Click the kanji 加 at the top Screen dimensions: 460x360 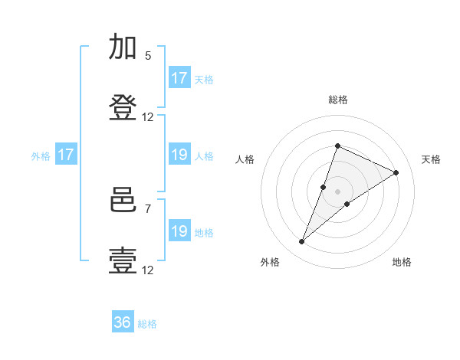tap(123, 46)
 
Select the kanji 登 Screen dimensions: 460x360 tap(123, 107)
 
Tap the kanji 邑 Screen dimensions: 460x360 tap(123, 200)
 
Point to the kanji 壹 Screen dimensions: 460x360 tap(123, 261)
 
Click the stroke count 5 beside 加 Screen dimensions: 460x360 tap(148, 56)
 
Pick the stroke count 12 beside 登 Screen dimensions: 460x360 tap(147, 117)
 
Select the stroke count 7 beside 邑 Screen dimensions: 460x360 tap(148, 209)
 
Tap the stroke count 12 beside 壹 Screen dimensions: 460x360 tap(147, 270)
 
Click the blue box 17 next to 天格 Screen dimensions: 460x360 tap(179, 77)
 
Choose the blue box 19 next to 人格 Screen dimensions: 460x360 tap(179, 154)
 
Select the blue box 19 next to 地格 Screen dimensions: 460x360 tap(179, 230)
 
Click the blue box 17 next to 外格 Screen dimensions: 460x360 tap(66, 154)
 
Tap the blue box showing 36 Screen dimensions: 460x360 tap(123, 321)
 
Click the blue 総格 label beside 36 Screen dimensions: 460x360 tap(147, 324)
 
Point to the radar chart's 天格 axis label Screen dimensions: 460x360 tap(431, 159)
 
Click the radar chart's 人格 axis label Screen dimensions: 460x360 tap(245, 159)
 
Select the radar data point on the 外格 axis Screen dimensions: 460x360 tap(301, 241)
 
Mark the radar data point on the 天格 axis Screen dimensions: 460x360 tap(396, 172)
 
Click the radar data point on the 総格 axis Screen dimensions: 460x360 tap(337, 146)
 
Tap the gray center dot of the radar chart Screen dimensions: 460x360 tap(337, 191)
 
